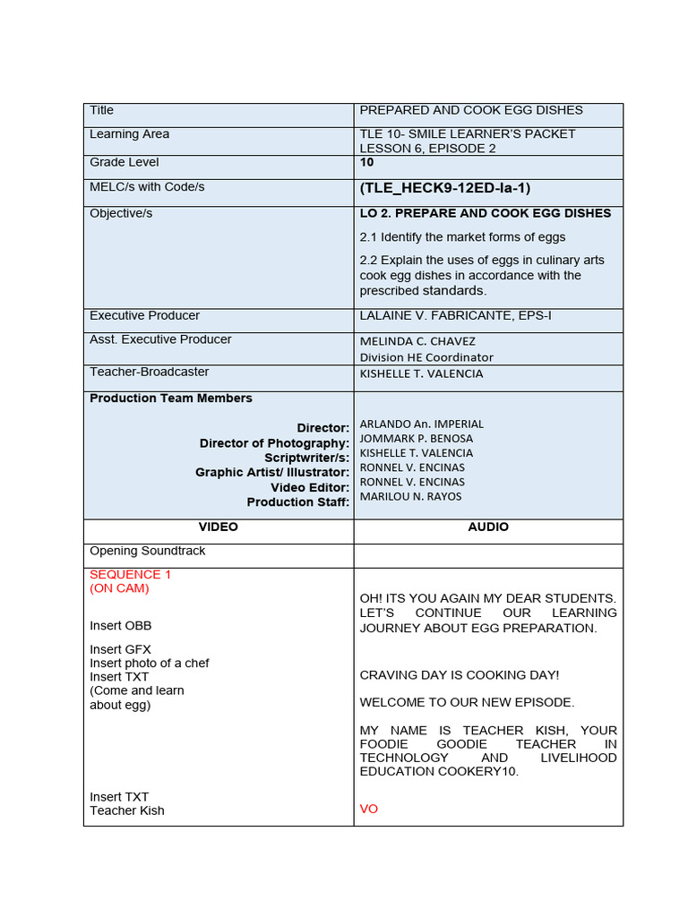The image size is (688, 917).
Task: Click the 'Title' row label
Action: [x=101, y=110]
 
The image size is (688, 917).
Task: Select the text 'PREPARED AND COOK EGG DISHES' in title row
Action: [x=470, y=110]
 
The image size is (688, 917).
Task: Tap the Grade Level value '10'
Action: [x=366, y=162]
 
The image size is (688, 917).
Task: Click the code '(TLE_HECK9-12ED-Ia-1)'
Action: [x=445, y=188]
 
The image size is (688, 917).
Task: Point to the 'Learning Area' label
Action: [x=129, y=134]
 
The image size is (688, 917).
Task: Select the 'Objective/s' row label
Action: [x=121, y=214]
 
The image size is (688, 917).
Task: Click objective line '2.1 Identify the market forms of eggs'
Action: [x=462, y=237]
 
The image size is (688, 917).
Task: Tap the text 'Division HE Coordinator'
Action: [x=426, y=356]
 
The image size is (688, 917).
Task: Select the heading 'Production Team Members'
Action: [x=171, y=399]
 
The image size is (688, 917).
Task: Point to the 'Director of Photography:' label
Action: [x=274, y=443]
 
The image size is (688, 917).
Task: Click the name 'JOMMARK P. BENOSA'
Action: [x=417, y=439]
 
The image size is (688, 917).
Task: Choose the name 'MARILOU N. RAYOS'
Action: [x=411, y=496]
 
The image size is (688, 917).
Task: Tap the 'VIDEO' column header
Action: [x=219, y=527]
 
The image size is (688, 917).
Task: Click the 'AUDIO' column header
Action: [x=488, y=527]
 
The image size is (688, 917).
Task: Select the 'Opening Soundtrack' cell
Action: [x=148, y=551]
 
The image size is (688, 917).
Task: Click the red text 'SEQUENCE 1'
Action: [x=125, y=575]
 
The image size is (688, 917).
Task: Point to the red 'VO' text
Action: [x=369, y=809]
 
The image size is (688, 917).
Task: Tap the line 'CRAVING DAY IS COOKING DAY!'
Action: [x=460, y=675]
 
